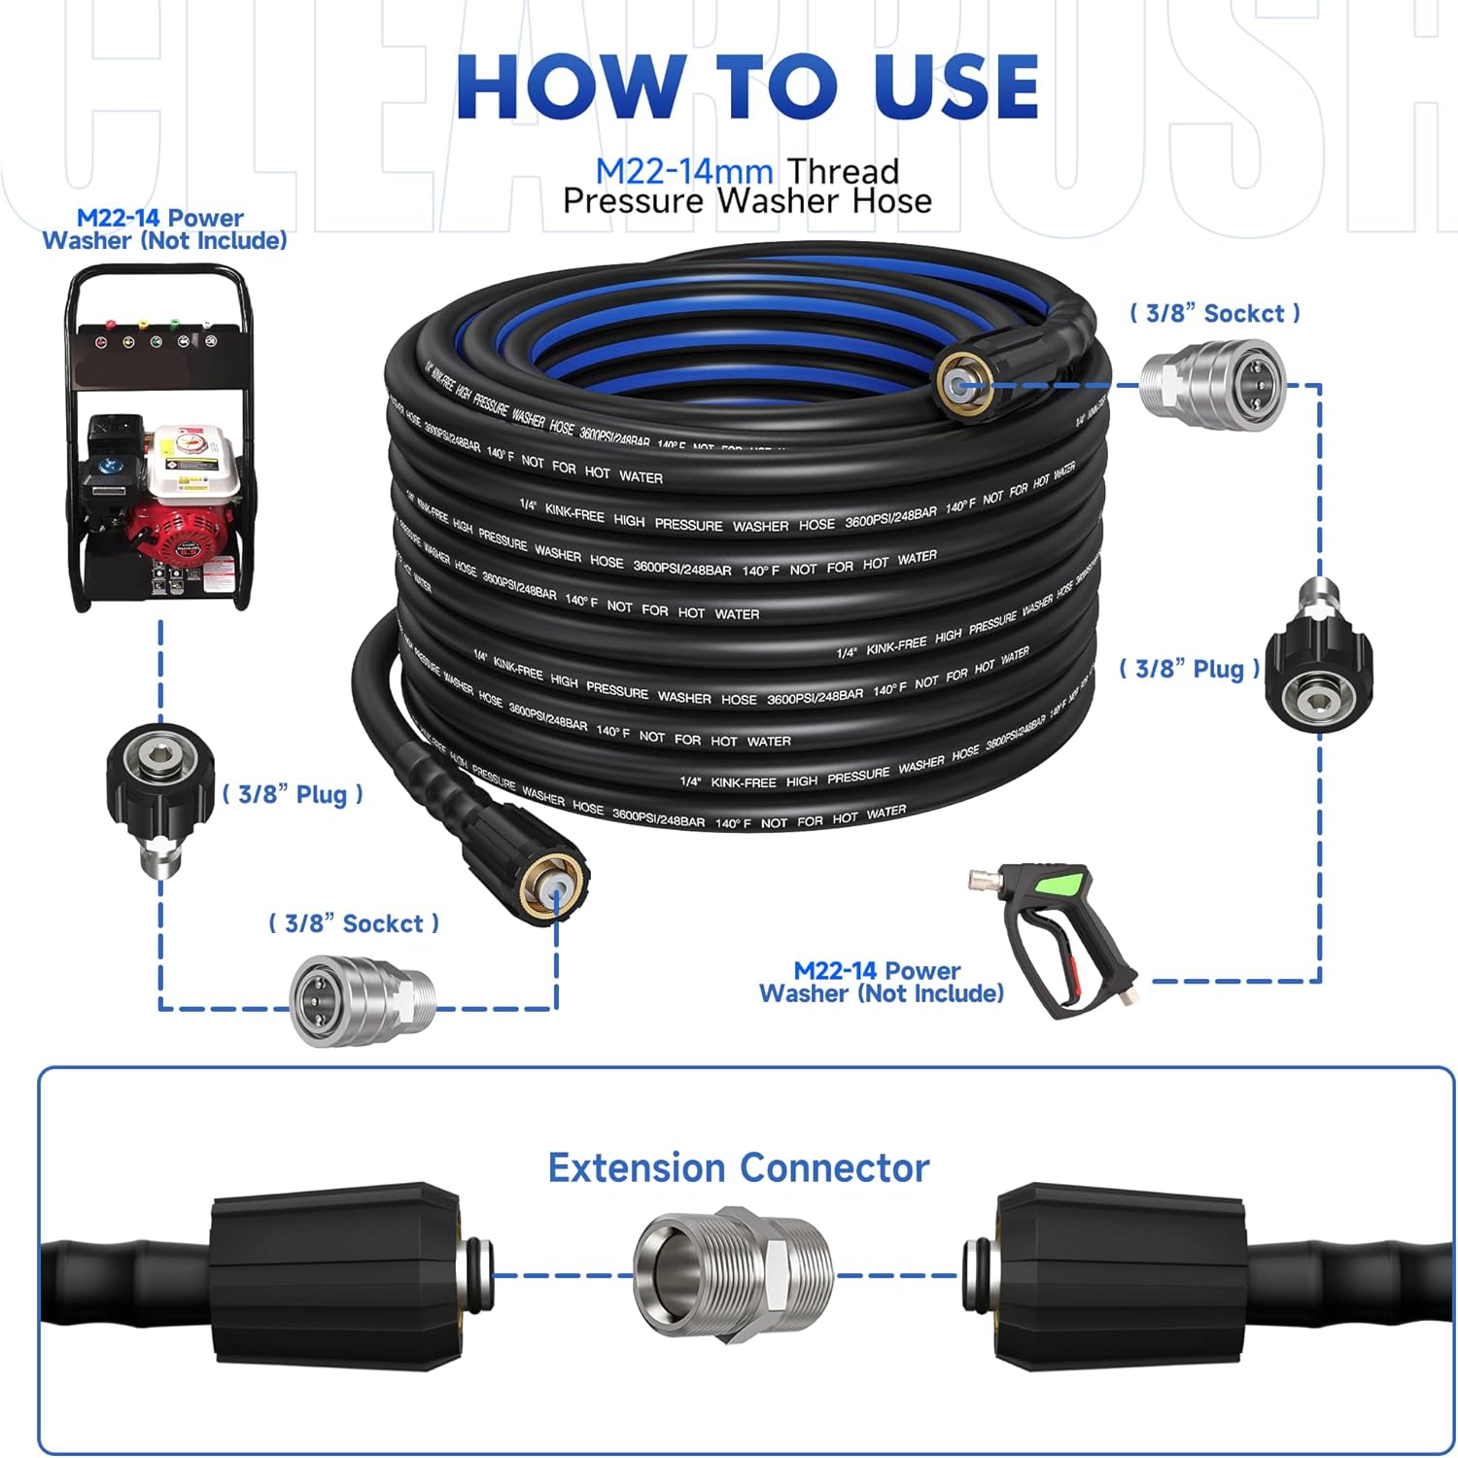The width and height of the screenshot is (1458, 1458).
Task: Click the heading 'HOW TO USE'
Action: tap(746, 87)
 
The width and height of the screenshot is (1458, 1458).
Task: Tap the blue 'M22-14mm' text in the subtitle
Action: tap(684, 171)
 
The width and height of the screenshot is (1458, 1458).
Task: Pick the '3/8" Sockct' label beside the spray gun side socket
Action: tap(1214, 313)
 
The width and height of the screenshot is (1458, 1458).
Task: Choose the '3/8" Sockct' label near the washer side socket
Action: tap(354, 923)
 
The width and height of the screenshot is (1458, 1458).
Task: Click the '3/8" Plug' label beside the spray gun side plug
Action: tap(1189, 669)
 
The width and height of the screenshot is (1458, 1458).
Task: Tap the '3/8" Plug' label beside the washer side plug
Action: tap(293, 794)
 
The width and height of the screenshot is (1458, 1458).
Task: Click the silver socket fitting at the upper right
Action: tap(1212, 384)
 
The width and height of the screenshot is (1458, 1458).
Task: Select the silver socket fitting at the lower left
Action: tap(362, 1000)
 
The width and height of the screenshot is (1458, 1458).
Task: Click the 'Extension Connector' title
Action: tap(739, 1167)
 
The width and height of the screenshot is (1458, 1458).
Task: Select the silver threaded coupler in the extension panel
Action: tap(733, 1274)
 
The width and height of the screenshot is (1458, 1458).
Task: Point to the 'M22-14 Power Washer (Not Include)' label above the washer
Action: tap(164, 229)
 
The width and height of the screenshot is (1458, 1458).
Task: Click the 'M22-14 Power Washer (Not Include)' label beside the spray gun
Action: tap(881, 982)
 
